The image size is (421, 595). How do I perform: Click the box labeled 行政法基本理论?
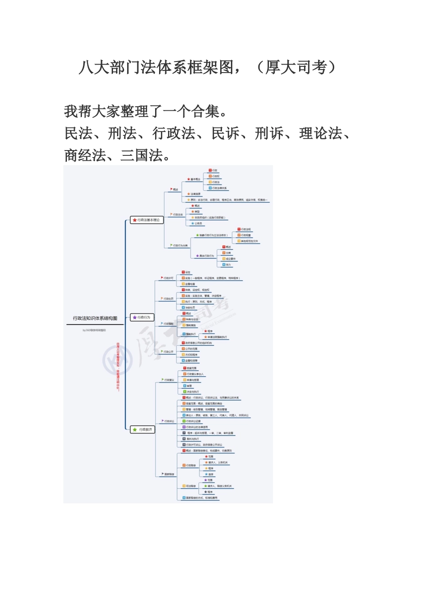(x=147, y=220)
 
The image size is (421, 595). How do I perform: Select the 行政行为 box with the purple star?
(x=142, y=317)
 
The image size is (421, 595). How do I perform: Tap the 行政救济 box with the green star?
(x=143, y=429)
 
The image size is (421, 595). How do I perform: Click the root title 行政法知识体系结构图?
(x=95, y=318)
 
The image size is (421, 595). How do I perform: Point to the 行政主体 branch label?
(x=177, y=215)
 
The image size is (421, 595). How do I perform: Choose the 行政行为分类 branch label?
(x=179, y=245)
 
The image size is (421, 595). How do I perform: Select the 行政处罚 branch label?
(x=168, y=299)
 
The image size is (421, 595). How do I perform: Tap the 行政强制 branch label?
(x=168, y=324)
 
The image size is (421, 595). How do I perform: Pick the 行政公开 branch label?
(x=168, y=352)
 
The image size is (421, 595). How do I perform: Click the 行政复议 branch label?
(x=169, y=380)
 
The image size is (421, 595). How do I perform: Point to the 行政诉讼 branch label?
(x=169, y=421)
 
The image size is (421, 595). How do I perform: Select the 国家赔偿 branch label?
(x=169, y=474)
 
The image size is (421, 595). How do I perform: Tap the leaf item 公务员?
(x=198, y=224)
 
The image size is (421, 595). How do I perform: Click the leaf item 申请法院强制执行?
(x=217, y=337)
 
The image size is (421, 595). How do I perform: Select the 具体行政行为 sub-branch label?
(x=206, y=256)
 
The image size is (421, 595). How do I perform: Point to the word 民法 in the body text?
(x=78, y=133)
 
